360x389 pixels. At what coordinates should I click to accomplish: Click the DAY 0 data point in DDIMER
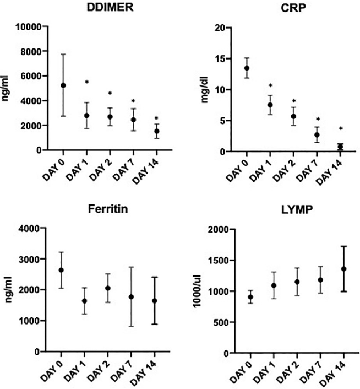point(63,85)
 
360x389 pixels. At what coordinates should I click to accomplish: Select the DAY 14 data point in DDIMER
point(156,131)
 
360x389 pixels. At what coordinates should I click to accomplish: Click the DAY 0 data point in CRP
point(247,68)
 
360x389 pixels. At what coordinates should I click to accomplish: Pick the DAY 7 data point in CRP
point(317,135)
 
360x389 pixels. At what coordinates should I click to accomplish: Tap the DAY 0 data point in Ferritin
point(61,270)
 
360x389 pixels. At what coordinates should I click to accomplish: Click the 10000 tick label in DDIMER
point(28,26)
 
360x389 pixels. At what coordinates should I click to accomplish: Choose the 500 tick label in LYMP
point(211,322)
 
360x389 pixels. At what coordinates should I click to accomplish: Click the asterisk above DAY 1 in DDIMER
point(86,83)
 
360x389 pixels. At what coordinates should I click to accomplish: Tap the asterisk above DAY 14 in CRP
point(340,129)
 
